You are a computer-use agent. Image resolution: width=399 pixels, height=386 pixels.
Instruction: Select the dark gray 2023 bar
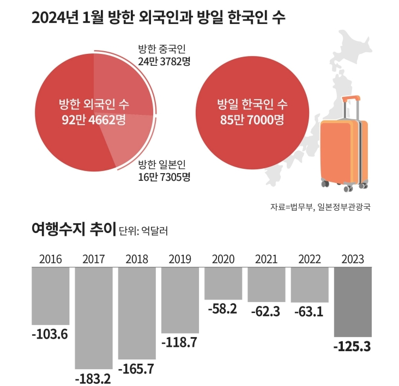(353, 302)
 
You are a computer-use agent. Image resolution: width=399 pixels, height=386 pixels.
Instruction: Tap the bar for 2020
(223, 283)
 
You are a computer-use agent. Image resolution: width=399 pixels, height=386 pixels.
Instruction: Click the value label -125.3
(353, 346)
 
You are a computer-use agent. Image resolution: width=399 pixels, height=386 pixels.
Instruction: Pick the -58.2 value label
(223, 309)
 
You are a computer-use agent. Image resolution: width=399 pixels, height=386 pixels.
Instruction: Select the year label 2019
(180, 259)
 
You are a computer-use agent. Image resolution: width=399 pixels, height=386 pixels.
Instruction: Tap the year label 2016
(51, 259)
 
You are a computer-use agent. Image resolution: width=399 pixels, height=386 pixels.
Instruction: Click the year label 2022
(309, 259)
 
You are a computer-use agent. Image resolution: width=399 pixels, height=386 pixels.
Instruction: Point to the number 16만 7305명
(164, 177)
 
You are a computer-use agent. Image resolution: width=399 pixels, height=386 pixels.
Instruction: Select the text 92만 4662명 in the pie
(94, 119)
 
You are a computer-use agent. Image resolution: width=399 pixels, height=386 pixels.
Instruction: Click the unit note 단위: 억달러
(143, 232)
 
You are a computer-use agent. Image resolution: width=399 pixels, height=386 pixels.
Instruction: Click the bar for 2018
(137, 313)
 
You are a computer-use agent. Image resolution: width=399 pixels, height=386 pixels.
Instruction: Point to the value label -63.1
(309, 313)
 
